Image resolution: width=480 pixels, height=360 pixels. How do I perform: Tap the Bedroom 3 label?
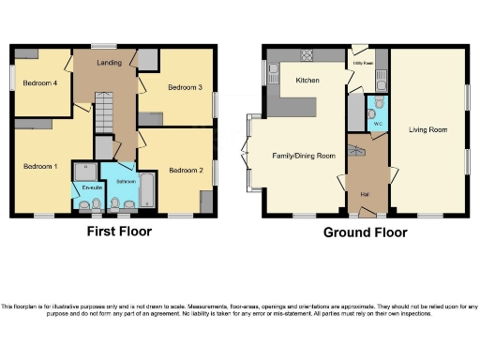(x=185, y=87)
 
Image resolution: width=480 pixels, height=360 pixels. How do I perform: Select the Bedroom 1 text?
(x=40, y=166)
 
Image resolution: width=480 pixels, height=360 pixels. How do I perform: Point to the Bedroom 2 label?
(x=186, y=170)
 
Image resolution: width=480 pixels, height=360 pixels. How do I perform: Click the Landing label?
(x=110, y=64)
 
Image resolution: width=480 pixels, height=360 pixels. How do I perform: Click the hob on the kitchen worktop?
(x=306, y=55)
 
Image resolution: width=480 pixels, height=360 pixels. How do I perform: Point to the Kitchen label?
(x=307, y=81)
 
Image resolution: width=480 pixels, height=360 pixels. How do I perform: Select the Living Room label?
(x=427, y=129)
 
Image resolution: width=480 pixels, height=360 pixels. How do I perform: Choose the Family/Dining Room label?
(x=304, y=156)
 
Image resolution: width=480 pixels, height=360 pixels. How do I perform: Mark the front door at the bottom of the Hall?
(x=367, y=216)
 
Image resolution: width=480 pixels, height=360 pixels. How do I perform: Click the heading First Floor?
(x=120, y=232)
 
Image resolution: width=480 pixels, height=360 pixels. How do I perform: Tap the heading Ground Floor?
(x=365, y=232)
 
